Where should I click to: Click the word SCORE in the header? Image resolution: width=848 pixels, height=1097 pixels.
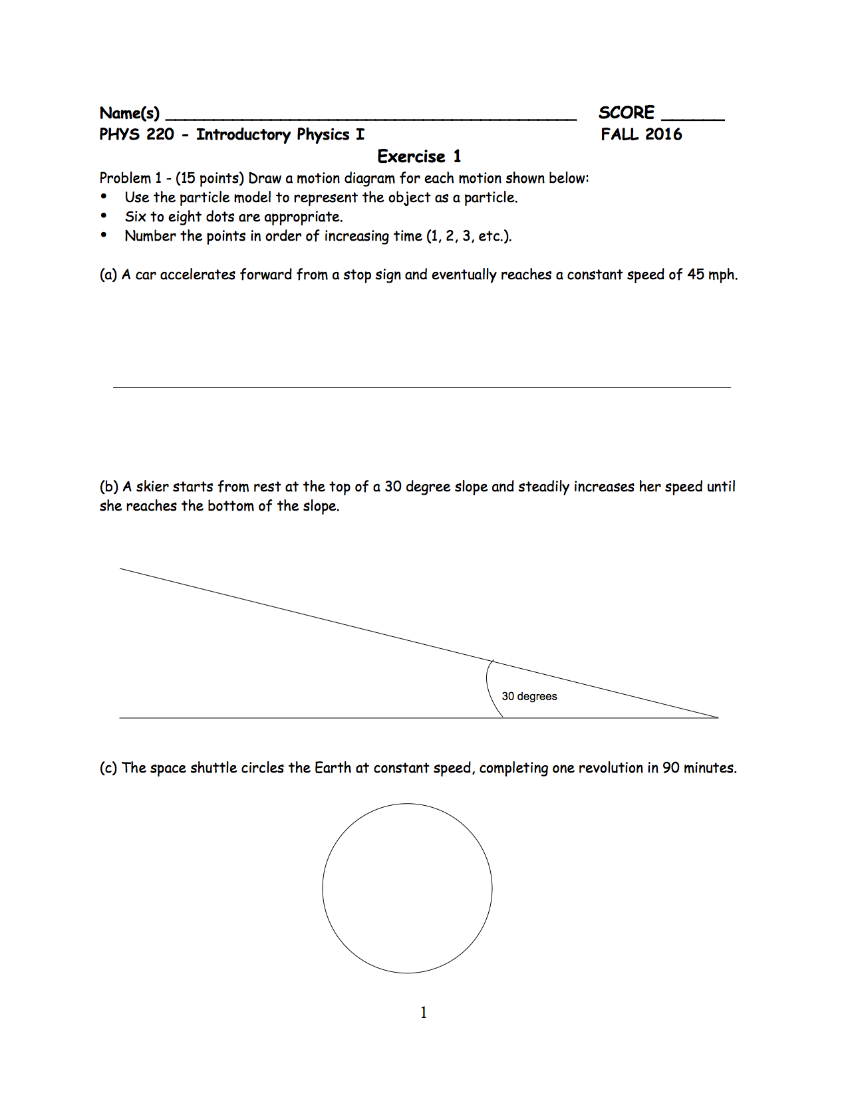point(626,112)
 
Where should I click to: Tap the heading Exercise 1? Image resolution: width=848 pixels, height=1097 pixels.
point(419,156)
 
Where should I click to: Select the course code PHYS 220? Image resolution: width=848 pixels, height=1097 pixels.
point(136,134)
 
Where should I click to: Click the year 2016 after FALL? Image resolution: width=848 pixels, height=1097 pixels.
point(663,134)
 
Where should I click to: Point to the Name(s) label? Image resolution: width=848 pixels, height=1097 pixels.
point(129,113)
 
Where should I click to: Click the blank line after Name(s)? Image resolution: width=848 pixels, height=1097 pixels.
point(370,119)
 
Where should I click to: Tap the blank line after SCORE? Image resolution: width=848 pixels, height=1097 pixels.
point(692,119)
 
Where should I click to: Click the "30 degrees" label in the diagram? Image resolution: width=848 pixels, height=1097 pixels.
point(529,696)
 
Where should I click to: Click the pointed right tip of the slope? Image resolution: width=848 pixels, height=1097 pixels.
point(717,717)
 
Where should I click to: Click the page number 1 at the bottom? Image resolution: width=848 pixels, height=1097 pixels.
point(424,1013)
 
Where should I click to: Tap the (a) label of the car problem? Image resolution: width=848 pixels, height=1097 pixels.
point(108,275)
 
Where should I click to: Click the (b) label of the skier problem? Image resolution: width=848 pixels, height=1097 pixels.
point(109,487)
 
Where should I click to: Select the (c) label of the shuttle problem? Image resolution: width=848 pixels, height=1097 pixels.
point(108,768)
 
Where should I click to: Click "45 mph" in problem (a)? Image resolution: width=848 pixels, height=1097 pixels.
point(712,275)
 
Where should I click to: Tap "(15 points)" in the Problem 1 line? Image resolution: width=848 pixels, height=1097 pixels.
point(210,178)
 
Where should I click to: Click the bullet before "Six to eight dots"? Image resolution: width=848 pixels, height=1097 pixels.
point(104,216)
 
